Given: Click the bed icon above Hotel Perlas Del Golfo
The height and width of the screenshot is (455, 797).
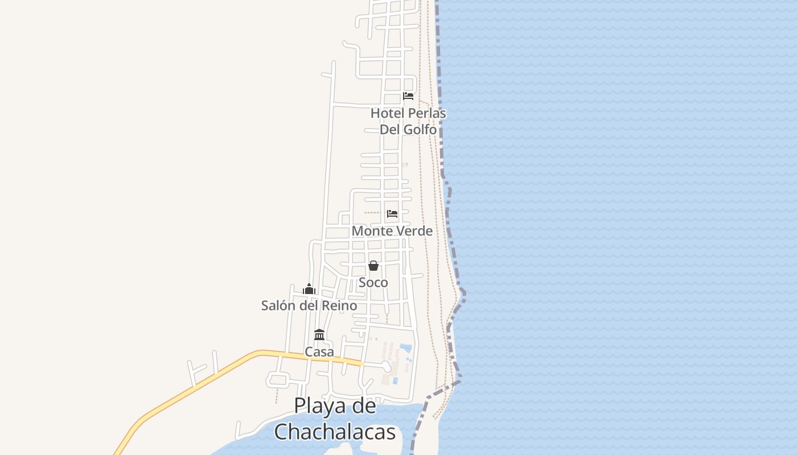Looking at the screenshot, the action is coord(408,96).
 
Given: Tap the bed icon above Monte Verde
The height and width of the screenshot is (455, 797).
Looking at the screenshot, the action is coord(392,214).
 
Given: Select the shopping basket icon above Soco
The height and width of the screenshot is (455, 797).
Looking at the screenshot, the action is coord(373,266).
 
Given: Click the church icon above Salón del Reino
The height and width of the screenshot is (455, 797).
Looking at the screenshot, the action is coord(309,289).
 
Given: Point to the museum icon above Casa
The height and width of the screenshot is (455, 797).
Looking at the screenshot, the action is coord(319,334).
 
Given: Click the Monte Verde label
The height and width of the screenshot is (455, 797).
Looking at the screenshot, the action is coord(392,231).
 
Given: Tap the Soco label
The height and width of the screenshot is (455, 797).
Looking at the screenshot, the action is coord(373,283).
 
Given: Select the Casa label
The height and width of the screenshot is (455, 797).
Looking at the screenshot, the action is coord(319,352).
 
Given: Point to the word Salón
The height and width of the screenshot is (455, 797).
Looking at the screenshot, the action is coord(278,305).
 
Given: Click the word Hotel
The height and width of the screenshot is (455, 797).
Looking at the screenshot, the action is coord(387,113).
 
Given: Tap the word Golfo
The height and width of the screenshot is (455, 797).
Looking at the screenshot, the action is coord(420,130).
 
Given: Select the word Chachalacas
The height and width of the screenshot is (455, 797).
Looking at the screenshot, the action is coord(335,432).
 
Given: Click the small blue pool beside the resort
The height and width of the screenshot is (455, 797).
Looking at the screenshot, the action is coord(405,347).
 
